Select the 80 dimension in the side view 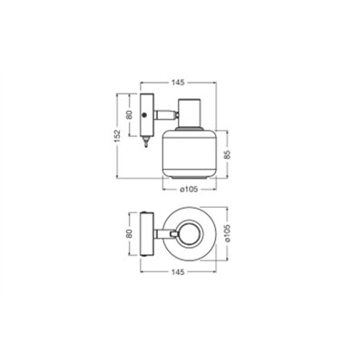(129, 115)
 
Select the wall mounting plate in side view (145, 113)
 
